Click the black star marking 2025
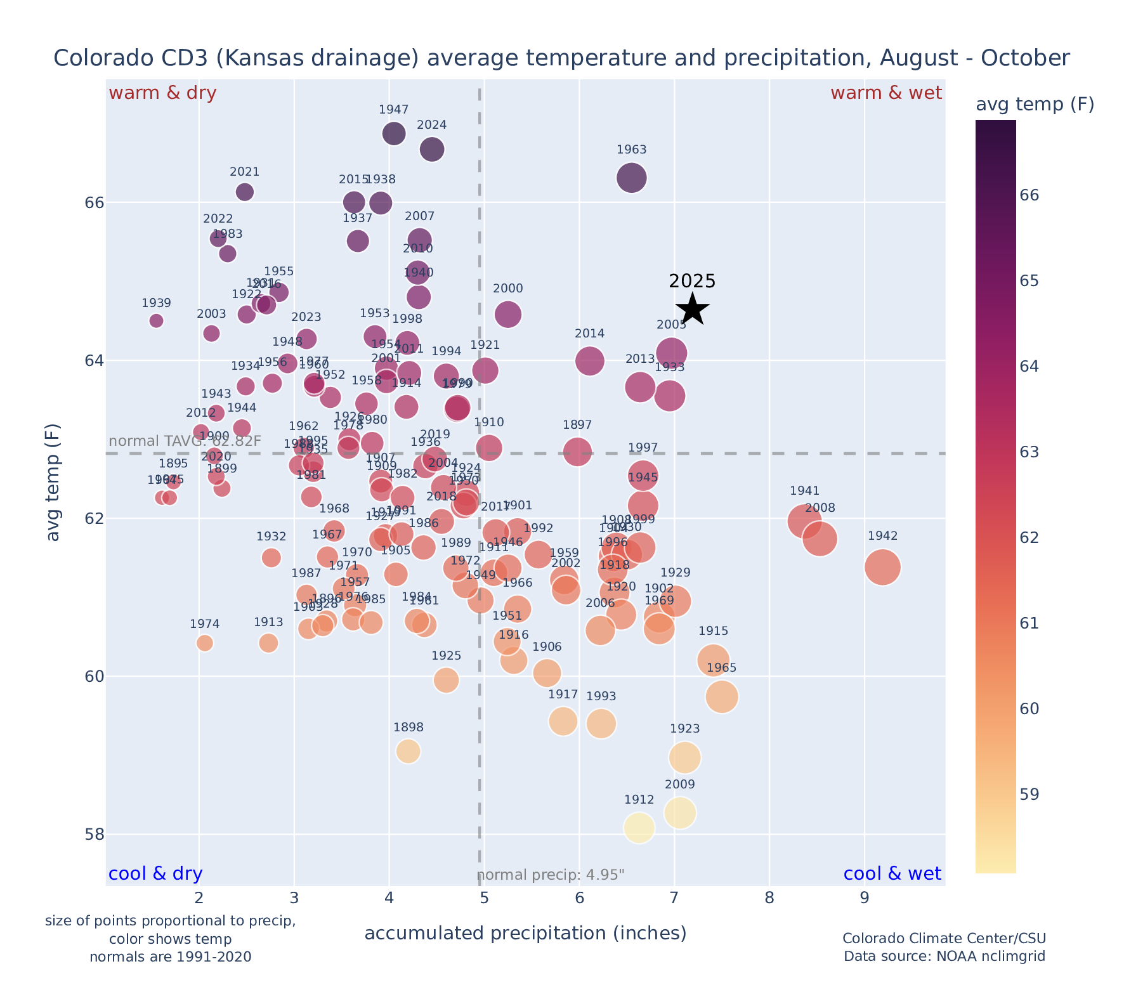coord(693,310)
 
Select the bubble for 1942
coord(882,567)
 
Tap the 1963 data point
coord(632,178)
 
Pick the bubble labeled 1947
coord(394,133)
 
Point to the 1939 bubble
coord(157,321)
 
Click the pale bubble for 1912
coord(639,827)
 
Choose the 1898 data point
coord(408,752)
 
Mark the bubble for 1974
coord(205,643)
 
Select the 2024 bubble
coord(432,150)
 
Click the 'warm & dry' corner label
coord(162,93)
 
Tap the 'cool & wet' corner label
coord(892,874)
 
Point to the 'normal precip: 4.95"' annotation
coord(551,875)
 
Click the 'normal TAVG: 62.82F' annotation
coord(185,441)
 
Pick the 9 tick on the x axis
coord(864,898)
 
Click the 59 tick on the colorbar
coord(1029,794)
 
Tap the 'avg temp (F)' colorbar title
coord(1035,105)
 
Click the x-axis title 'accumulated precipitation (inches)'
coord(525,933)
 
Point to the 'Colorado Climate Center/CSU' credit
coord(944,939)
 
